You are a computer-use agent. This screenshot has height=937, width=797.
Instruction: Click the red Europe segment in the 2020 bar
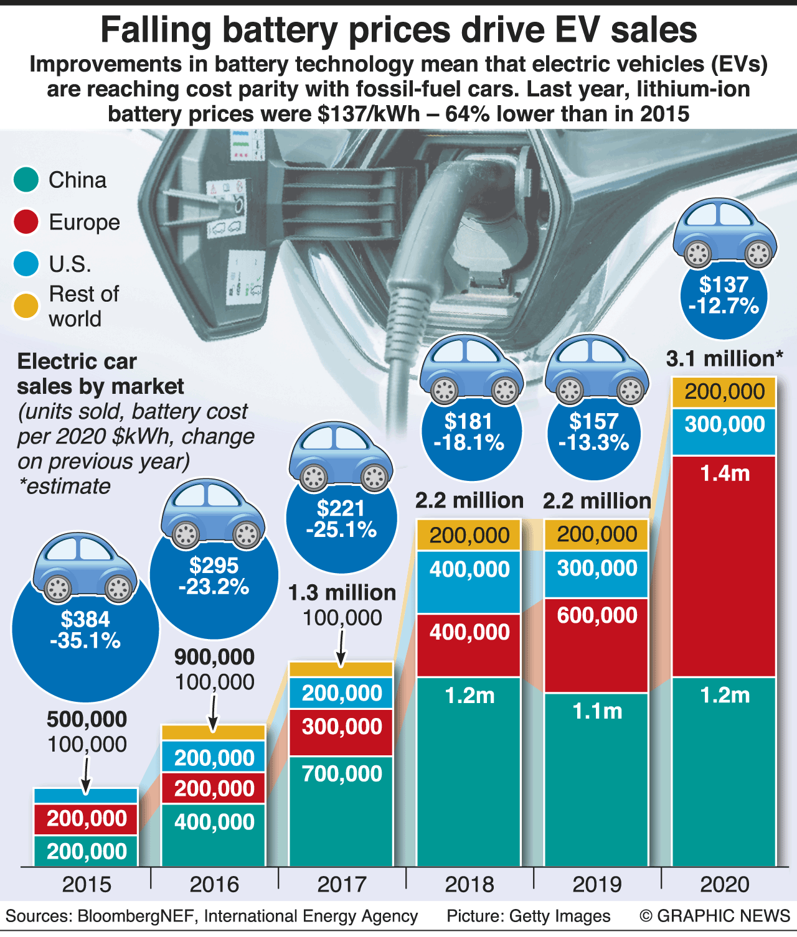tap(724, 566)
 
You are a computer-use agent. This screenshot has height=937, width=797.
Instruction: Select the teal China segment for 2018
tap(469, 772)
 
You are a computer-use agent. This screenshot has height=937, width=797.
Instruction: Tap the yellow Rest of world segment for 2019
tap(597, 534)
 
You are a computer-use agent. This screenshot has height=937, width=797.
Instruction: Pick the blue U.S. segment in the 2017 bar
tap(341, 692)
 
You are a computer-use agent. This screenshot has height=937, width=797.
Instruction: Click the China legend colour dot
tap(26, 180)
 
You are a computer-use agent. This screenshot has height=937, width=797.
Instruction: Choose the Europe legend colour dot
tap(26, 222)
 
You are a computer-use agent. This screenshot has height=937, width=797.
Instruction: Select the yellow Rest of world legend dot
tap(26, 305)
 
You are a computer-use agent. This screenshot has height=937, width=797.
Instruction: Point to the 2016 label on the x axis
tap(214, 884)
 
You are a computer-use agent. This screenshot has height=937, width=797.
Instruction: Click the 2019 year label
tap(597, 884)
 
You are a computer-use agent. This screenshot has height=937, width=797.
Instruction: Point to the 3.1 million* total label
tap(724, 359)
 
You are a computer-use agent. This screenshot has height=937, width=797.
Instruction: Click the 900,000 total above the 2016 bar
tap(214, 657)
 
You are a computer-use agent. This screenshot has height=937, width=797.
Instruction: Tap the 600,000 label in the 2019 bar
tap(597, 615)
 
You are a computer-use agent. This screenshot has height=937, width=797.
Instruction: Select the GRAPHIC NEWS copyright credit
tap(715, 916)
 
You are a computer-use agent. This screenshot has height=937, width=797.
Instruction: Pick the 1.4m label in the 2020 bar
tap(725, 473)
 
